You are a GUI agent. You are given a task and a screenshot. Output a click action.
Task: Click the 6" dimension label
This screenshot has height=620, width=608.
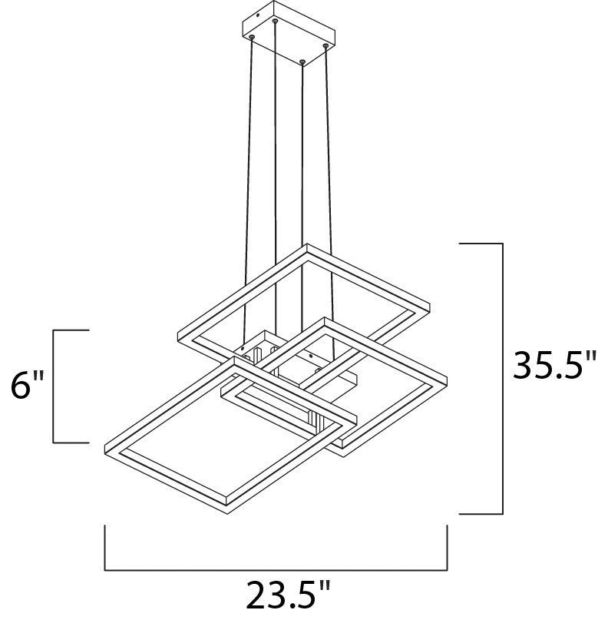[27, 385]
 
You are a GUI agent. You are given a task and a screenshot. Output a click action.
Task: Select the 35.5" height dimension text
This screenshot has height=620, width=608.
[553, 366]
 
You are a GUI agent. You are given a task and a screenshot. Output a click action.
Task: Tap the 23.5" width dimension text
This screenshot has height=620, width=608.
[288, 596]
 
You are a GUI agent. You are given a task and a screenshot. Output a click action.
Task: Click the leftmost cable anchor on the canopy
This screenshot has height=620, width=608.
[252, 37]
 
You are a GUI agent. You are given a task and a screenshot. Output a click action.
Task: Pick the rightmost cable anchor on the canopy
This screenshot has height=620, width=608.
[325, 46]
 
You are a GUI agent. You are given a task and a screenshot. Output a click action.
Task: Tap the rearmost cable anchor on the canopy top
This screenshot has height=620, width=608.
[275, 21]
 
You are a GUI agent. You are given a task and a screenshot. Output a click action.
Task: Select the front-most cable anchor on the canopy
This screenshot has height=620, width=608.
[302, 61]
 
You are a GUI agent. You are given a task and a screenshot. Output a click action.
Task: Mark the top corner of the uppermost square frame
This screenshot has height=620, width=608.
[307, 244]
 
